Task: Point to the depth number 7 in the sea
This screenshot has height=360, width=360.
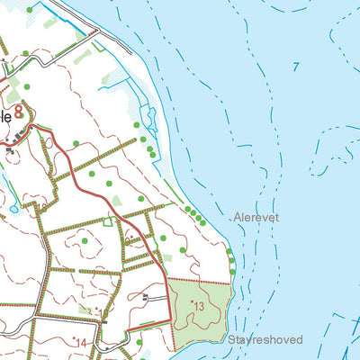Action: pyautogui.click(x=295, y=67)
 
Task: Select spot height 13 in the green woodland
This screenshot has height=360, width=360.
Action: pyautogui.click(x=199, y=307)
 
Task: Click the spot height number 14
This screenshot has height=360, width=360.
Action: pyautogui.click(x=80, y=342)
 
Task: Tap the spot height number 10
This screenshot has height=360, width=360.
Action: pyautogui.click(x=131, y=239)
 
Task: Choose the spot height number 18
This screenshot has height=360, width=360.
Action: pyautogui.click(x=40, y=210)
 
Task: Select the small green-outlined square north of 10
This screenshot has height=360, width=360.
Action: pyautogui.click(x=109, y=221)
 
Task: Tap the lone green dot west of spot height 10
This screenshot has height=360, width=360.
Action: pyautogui.click(x=85, y=240)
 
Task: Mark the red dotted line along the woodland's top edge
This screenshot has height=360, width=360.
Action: pyautogui.click(x=200, y=282)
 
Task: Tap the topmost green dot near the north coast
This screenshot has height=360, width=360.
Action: pyautogui.click(x=29, y=10)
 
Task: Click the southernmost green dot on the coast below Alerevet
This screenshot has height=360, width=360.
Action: pyautogui.click(x=233, y=271)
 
